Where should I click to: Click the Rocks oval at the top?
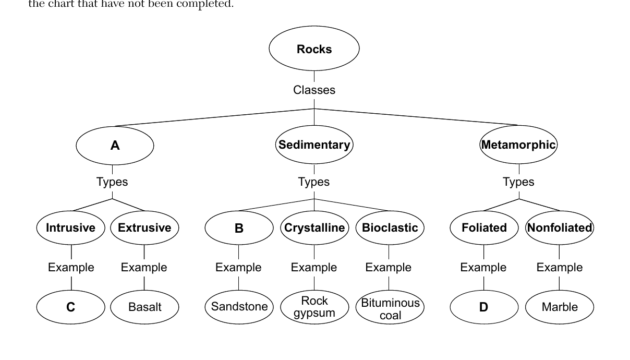tap(314, 49)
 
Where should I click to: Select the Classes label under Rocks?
tap(314, 90)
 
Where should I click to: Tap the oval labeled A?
tap(115, 146)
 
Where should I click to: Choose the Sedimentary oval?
tap(314, 145)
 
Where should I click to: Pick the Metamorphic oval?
tap(518, 145)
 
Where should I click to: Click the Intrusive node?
tap(70, 227)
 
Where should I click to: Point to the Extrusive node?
tap(144, 227)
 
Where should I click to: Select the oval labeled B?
tap(239, 227)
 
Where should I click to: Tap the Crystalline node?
tap(314, 227)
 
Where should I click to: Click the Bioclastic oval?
tap(390, 227)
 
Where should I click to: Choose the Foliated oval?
tap(484, 227)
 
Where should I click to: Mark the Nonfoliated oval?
tap(560, 227)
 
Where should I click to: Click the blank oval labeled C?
tap(70, 307)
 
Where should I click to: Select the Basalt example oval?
tap(144, 307)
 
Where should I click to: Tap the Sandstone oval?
tap(239, 307)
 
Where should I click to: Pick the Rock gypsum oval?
tap(314, 307)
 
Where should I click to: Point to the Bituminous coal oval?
tap(390, 307)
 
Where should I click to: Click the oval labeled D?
tap(484, 307)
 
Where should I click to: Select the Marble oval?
tap(560, 307)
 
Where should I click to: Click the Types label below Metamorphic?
tap(518, 182)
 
